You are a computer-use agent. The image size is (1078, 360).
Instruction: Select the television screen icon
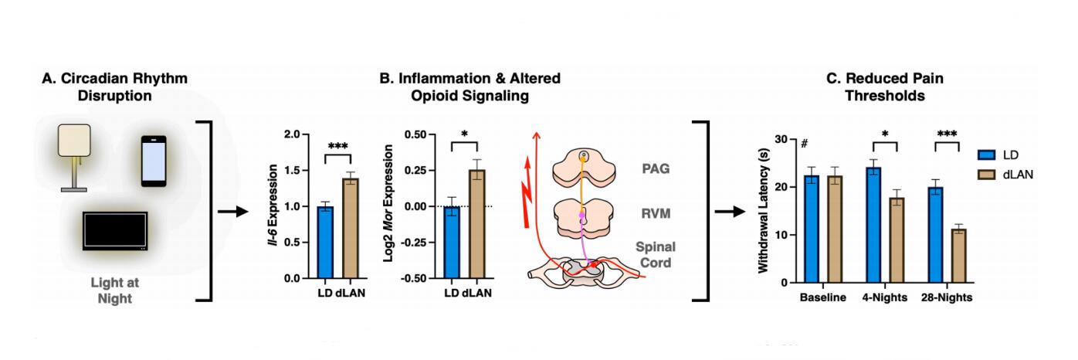(115, 231)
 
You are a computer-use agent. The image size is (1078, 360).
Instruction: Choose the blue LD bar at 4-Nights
(873, 225)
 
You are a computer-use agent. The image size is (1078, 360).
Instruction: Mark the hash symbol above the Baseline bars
(804, 143)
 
